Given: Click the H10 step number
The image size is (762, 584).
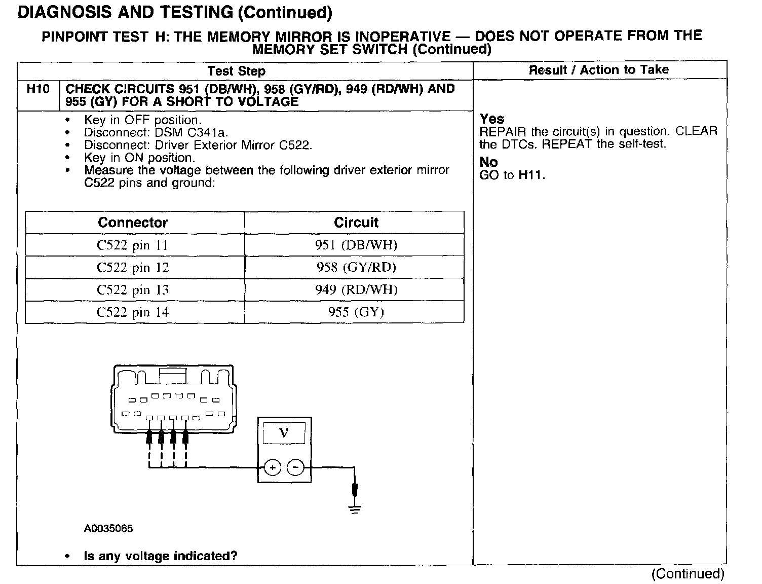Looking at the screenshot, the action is click(38, 89).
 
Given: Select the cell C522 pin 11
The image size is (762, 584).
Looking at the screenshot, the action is click(132, 245).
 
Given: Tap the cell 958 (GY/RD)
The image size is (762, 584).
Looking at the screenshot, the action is click(356, 267).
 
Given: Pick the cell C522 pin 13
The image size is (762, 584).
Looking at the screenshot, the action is click(132, 290).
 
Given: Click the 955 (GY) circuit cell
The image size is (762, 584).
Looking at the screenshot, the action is click(356, 312).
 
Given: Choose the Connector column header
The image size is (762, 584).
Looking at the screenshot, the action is click(133, 223).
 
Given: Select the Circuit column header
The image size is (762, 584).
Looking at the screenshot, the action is click(356, 223).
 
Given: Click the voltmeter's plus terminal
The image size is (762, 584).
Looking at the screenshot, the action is click(272, 467).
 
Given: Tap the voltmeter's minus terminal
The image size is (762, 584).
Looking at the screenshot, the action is click(296, 467).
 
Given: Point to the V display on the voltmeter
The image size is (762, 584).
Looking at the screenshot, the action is click(284, 433).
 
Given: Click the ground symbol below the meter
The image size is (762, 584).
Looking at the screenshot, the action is click(355, 509).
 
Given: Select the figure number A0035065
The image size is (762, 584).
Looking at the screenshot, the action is click(108, 529).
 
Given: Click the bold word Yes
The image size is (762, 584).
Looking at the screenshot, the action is click(492, 119).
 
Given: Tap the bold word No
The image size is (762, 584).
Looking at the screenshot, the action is click(488, 162).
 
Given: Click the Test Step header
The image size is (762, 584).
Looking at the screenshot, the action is click(237, 71).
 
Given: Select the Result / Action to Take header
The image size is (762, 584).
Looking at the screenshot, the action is click(599, 70).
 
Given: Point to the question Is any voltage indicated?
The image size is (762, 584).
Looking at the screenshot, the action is click(160, 556).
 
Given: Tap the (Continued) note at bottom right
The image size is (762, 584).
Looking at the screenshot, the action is click(688, 574).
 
